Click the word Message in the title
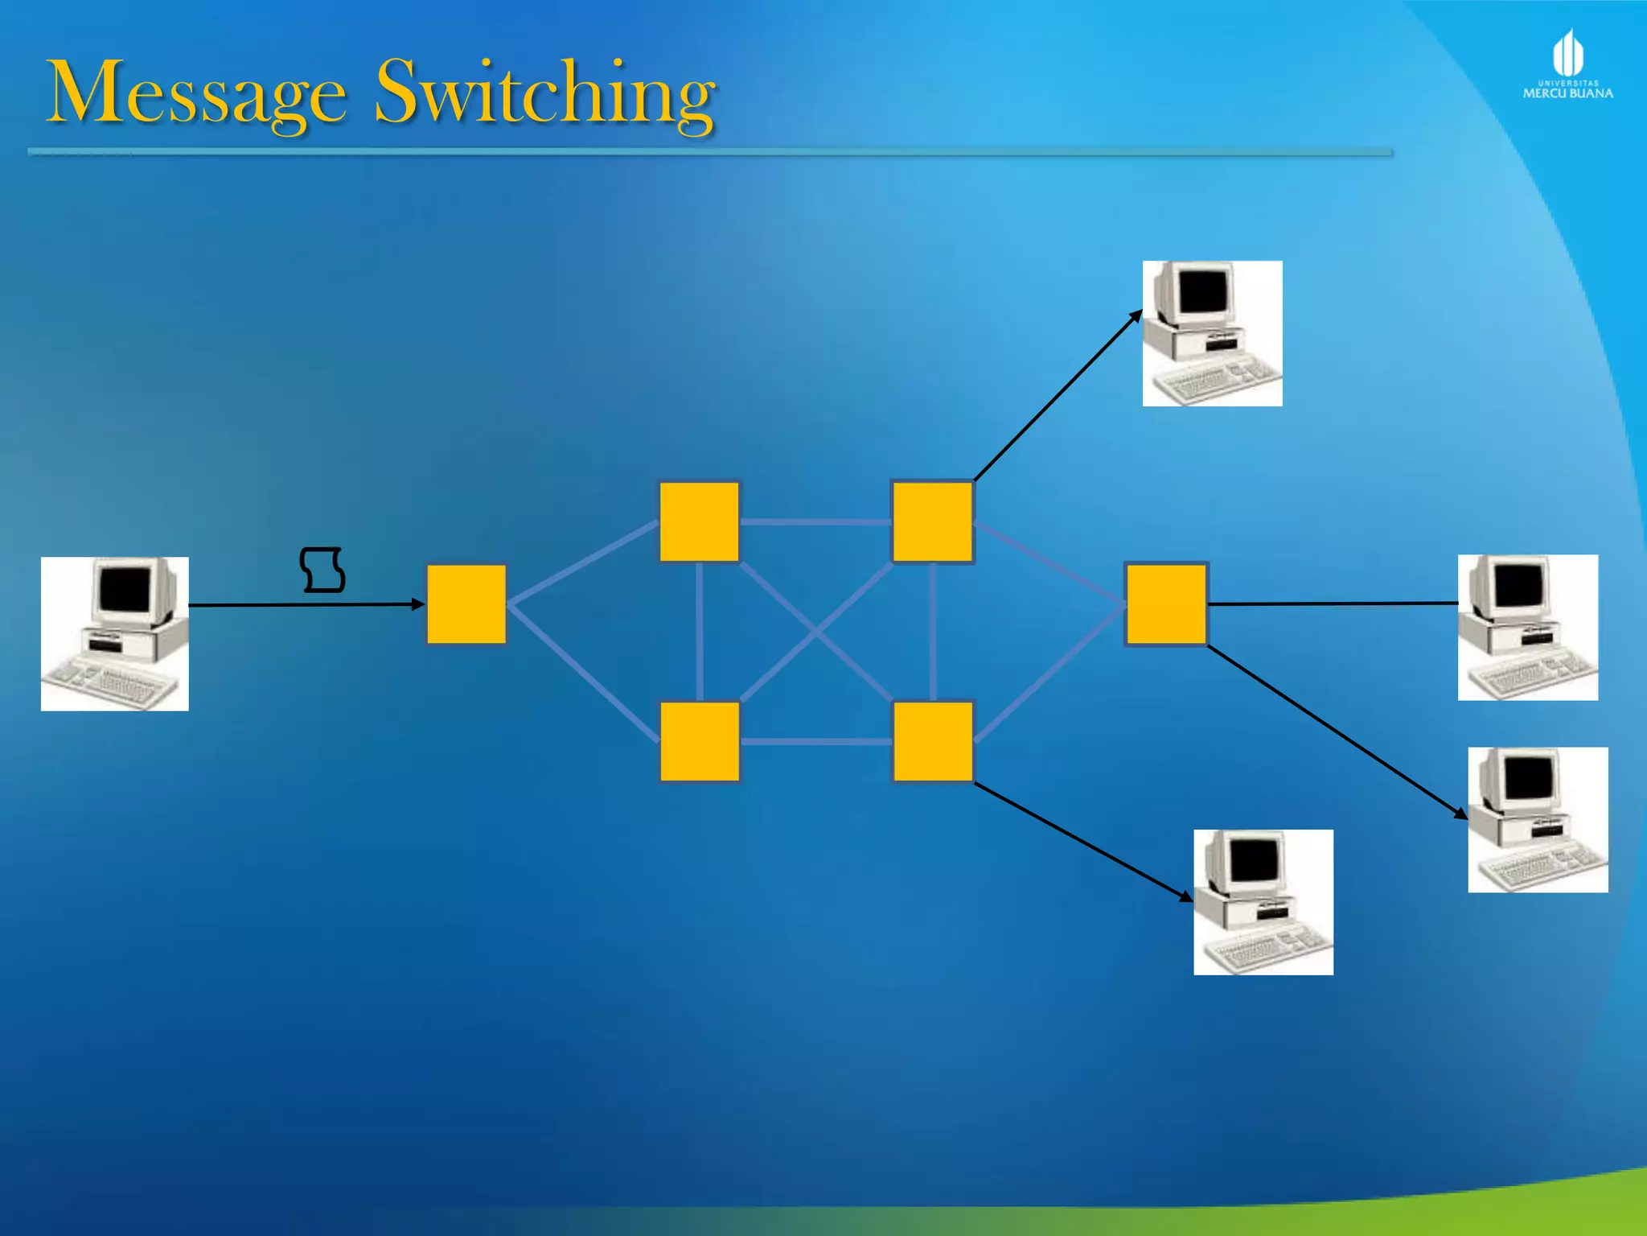197,93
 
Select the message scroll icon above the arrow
322,570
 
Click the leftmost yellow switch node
466,604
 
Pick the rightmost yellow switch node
1166,604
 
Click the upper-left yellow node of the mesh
699,521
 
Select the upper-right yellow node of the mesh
932,521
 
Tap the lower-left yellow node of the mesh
700,741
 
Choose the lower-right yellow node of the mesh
933,741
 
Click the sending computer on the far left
115,633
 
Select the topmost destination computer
1212,333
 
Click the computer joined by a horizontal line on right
1527,627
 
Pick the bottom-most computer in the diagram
1263,902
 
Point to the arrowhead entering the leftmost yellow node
418,604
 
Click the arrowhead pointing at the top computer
1136,315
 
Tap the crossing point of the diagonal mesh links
815,632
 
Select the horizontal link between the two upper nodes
815,522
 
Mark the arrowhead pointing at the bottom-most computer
1186,896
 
